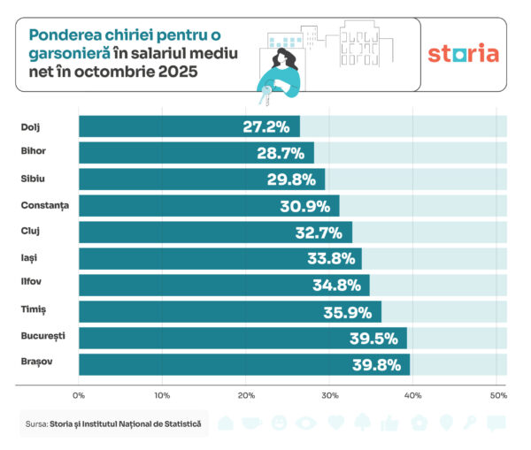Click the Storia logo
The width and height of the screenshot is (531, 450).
click(x=463, y=53)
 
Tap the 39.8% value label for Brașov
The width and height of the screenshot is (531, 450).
click(x=379, y=364)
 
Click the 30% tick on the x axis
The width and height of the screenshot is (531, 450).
click(x=329, y=394)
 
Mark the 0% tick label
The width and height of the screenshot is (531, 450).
click(x=79, y=394)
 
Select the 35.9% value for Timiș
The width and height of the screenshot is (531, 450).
click(x=350, y=312)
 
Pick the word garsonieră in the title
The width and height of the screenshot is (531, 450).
click(x=70, y=54)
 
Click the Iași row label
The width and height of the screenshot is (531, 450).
click(x=30, y=258)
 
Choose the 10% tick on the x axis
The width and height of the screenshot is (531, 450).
click(x=162, y=394)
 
